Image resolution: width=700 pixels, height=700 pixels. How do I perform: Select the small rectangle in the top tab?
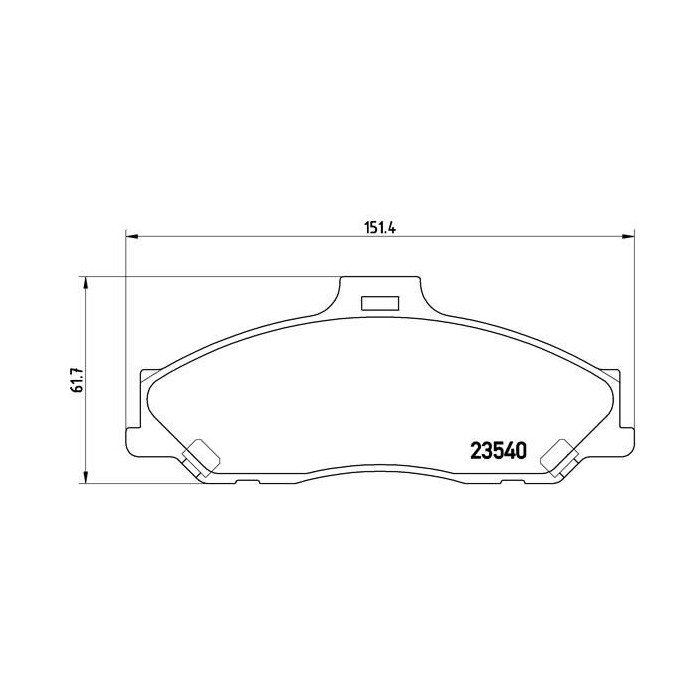tap(379, 302)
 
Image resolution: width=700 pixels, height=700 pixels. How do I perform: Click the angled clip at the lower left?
tap(201, 455)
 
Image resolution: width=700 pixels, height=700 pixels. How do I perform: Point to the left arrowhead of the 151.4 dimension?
tap(131, 237)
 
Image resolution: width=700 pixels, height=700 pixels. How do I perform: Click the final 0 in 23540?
tap(521, 452)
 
